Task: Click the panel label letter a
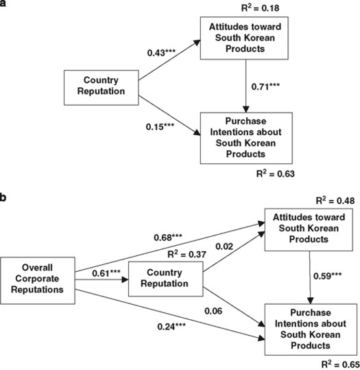pyautogui.click(x=4, y=5)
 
